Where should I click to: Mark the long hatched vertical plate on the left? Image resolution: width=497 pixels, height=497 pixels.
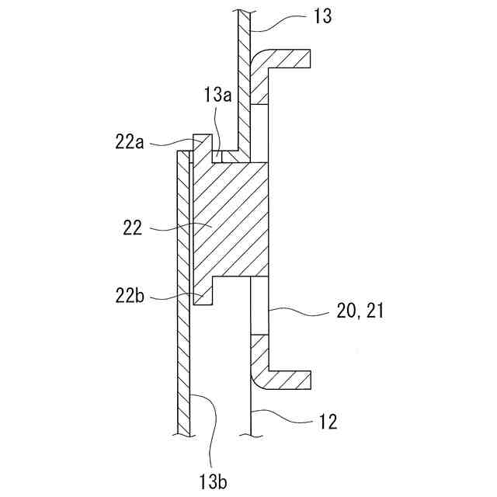(x=183, y=311)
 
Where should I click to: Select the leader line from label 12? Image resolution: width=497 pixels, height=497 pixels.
(x=287, y=418)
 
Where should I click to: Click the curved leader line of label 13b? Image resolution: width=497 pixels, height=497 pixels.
(x=203, y=419)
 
